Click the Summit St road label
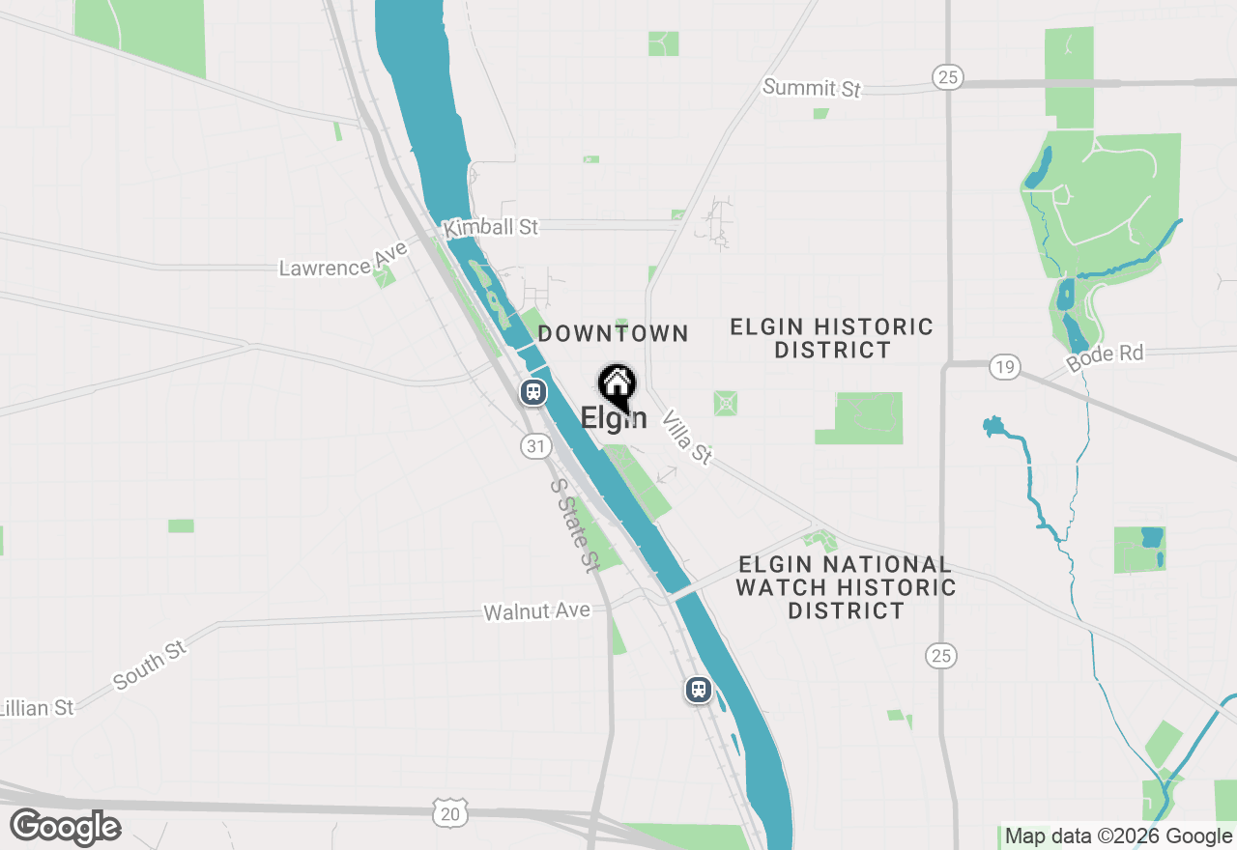pos(811,88)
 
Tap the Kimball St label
pos(490,228)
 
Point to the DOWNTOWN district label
pos(613,334)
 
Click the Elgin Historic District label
pos(831,338)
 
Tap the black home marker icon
pos(617,385)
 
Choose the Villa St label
pos(687,436)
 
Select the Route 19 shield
pos(1005,366)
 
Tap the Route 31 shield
pos(536,445)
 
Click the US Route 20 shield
pos(449,814)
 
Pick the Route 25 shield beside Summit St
pos(948,77)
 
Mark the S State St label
pos(574,525)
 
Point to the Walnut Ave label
pos(536,610)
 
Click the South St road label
pos(150,665)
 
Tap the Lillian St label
pos(37,708)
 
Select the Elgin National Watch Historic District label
pos(845,587)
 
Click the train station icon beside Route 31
pos(532,392)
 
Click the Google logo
pos(65,828)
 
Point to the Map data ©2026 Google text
pos(1118,836)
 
